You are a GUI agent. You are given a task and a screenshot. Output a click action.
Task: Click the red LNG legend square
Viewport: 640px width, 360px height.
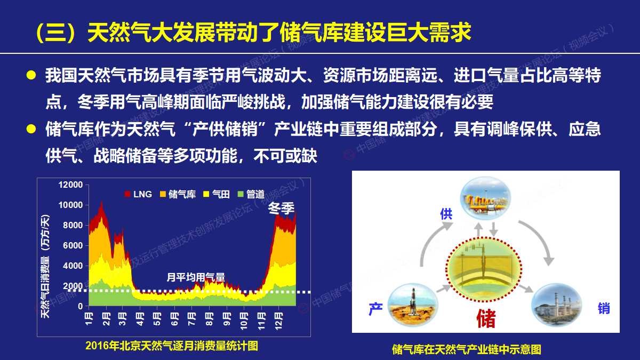[x=127, y=194]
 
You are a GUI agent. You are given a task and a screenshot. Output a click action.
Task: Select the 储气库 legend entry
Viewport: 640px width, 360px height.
[x=178, y=194]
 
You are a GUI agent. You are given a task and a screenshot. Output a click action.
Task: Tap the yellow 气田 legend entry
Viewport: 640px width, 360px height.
[x=217, y=194]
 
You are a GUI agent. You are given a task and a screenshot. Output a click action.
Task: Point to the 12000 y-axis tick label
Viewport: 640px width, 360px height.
[x=70, y=185]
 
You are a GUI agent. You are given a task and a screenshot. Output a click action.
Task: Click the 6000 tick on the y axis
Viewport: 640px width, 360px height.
[x=73, y=245]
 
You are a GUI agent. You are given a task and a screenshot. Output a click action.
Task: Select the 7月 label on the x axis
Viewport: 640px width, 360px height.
[x=191, y=318]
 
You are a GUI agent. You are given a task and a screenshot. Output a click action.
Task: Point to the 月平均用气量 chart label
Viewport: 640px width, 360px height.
[x=196, y=277]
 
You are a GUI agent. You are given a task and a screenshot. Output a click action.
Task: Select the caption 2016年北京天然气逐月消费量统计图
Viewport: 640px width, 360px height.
[x=172, y=346]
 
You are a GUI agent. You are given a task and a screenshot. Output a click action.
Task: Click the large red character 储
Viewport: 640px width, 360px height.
[x=486, y=318]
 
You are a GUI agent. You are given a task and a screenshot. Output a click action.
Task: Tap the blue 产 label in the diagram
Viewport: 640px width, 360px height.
[x=375, y=309]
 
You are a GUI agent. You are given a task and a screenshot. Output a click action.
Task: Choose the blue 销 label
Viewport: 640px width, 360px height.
[x=604, y=308]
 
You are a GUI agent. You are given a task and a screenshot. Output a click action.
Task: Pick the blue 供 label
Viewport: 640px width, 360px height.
[x=446, y=214]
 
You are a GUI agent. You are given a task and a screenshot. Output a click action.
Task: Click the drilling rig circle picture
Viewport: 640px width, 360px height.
[x=413, y=305]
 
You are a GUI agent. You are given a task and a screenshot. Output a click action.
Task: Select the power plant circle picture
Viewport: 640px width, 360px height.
[x=556, y=305]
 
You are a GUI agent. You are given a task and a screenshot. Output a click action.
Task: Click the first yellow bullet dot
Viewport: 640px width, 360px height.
[x=31, y=75]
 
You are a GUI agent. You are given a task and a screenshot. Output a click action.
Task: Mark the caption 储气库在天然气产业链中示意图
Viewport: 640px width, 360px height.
[x=467, y=349]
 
